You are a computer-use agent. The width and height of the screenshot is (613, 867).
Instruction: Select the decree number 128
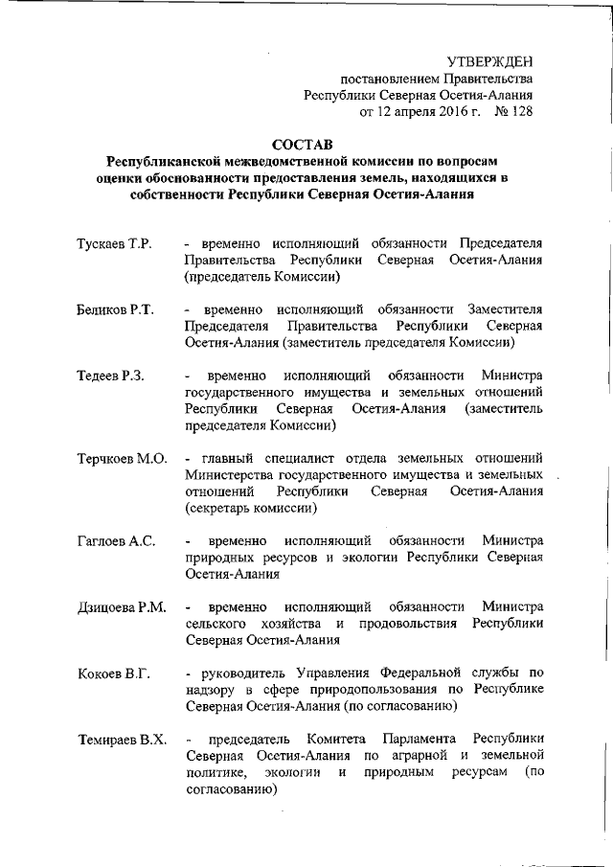pos(518,112)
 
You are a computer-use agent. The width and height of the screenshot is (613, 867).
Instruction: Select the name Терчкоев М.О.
pos(122,458)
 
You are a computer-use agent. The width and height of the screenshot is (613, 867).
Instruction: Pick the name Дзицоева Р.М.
pos(122,607)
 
